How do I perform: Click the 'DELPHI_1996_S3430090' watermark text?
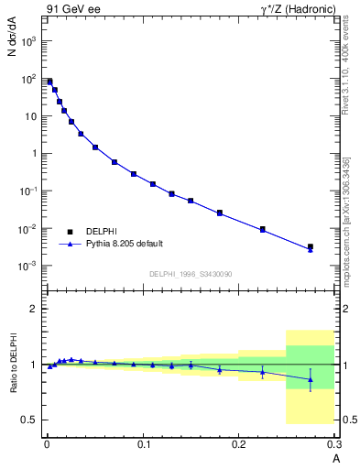click(x=190, y=274)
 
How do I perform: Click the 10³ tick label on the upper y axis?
click(x=28, y=41)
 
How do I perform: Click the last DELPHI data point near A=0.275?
click(x=311, y=246)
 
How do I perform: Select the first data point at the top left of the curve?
click(x=49, y=82)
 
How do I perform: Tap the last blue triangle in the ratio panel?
click(x=311, y=379)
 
